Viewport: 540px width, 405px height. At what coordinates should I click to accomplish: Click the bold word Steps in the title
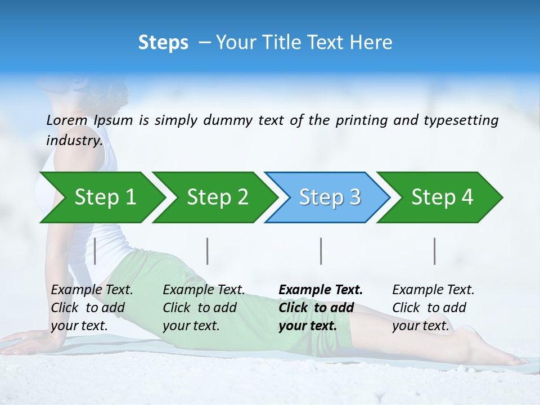click(163, 43)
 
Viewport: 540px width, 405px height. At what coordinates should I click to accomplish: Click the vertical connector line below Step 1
click(95, 251)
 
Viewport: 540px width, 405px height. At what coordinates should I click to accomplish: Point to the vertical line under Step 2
click(208, 251)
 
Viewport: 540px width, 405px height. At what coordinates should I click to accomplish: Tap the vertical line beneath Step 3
click(321, 251)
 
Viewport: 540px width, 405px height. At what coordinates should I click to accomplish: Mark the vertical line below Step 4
click(435, 251)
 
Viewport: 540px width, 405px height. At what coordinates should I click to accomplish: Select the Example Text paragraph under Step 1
click(91, 308)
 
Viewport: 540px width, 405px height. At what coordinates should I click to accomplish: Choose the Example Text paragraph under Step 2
click(203, 308)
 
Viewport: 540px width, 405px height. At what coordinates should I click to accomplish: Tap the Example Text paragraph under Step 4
click(433, 308)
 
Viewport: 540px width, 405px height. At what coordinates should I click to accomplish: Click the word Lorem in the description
click(67, 120)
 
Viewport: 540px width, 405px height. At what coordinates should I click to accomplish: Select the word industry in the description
click(74, 141)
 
